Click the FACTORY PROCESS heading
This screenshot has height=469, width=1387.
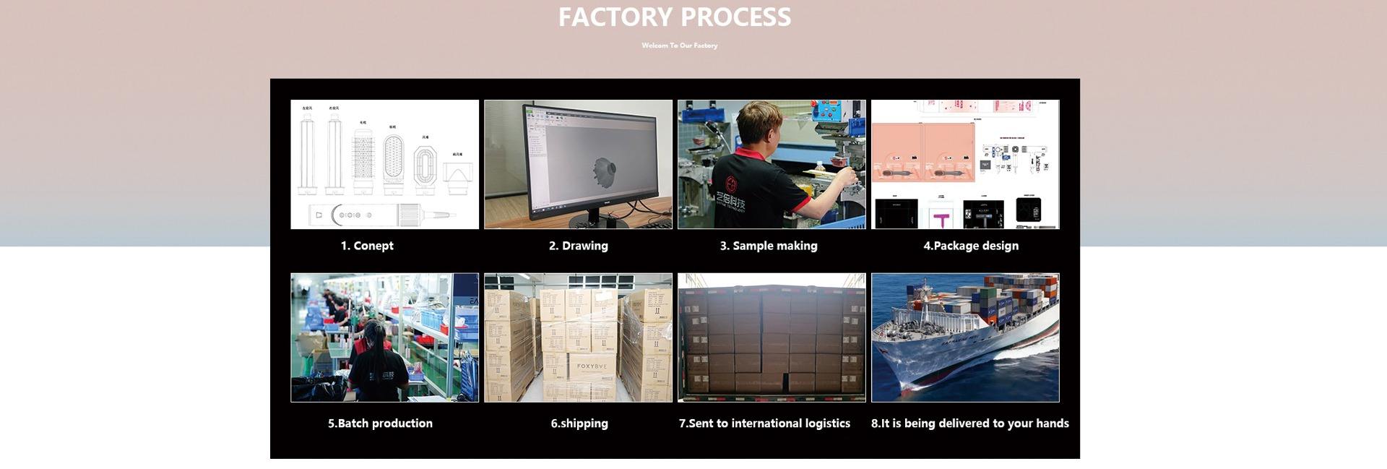(x=674, y=17)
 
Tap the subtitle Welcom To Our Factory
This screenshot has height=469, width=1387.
(x=679, y=46)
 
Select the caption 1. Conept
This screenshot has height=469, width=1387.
(x=367, y=246)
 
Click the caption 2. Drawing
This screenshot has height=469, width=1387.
(x=578, y=246)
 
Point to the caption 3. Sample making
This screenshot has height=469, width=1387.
(x=769, y=246)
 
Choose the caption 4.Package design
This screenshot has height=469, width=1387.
(x=971, y=246)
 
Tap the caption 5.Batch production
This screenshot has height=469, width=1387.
(x=380, y=423)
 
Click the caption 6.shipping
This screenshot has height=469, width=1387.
(x=579, y=423)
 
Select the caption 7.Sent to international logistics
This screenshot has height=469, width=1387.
(x=764, y=423)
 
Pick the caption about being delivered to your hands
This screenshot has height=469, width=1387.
(x=969, y=423)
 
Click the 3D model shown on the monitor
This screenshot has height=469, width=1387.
(x=604, y=173)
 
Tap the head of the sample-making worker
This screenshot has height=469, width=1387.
(x=759, y=123)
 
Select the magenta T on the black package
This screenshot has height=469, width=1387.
(x=941, y=218)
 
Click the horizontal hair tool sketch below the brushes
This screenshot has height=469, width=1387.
(x=381, y=215)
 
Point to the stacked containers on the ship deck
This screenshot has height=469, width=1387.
(x=1004, y=296)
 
